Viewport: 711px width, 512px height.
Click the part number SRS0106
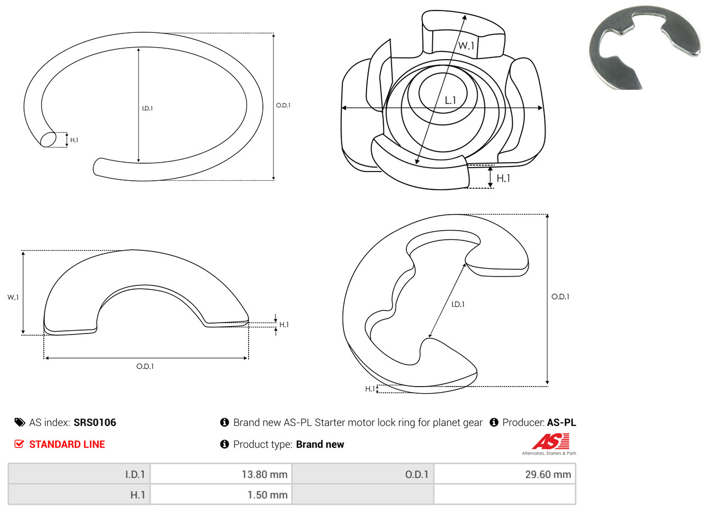tap(95, 423)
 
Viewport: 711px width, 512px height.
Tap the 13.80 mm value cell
tap(221, 474)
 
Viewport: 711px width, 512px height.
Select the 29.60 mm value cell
tap(504, 474)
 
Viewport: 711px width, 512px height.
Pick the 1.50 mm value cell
tap(221, 494)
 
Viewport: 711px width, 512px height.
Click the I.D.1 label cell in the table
tap(79, 474)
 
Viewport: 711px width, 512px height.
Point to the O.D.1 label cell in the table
tap(363, 474)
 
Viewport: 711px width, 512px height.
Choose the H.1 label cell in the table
tap(79, 494)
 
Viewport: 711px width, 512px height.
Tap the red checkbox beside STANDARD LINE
tap(19, 444)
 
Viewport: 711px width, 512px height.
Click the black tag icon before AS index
tap(20, 423)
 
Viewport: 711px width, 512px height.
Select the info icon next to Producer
tap(494, 422)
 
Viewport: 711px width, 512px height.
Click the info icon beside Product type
tap(225, 444)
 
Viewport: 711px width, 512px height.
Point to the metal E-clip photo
tap(644, 48)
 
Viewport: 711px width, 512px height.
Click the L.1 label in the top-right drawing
tap(450, 101)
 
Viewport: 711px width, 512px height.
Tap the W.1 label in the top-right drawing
tap(466, 46)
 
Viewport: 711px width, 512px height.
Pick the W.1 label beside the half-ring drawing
tap(13, 297)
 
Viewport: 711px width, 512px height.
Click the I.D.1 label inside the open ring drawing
tap(147, 108)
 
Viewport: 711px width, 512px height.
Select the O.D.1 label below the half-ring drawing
tap(145, 366)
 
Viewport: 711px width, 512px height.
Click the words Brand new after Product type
tap(320, 444)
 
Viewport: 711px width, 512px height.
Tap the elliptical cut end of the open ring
tap(48, 139)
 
